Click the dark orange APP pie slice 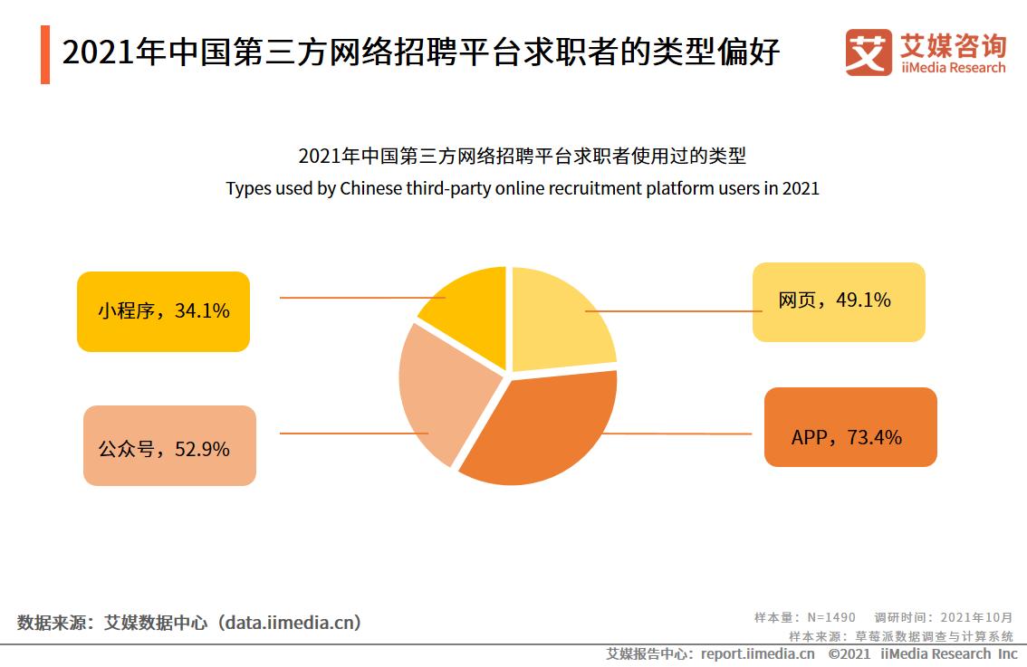point(543,430)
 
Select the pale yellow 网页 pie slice point(561,321)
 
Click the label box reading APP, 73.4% point(850,427)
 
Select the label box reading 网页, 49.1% point(839,302)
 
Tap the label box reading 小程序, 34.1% point(163,311)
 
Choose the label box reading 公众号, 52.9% point(169,445)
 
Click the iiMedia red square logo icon point(869,52)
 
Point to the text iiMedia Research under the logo point(953,68)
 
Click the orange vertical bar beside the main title point(45,54)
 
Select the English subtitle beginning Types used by point(522,189)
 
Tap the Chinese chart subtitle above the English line point(522,157)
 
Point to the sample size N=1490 point(830,617)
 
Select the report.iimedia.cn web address point(757,653)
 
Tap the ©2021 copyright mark point(849,653)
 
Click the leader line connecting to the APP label point(679,434)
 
